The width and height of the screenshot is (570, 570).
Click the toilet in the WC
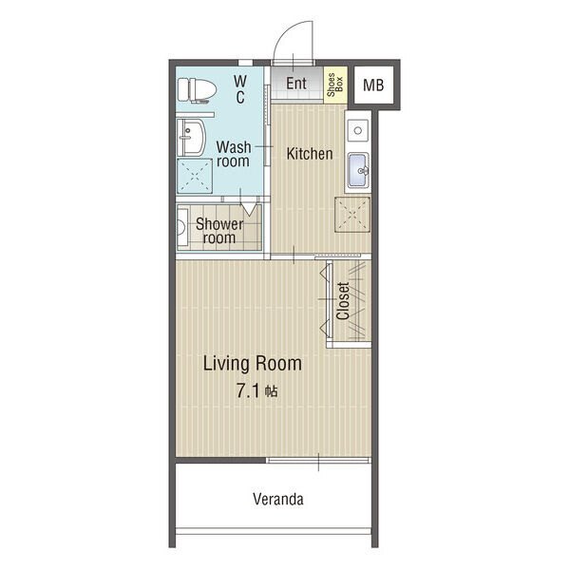(x=197, y=90)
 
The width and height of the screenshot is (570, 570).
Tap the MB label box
(x=373, y=85)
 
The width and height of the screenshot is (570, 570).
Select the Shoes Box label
(x=335, y=85)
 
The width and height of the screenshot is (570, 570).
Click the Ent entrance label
(x=296, y=84)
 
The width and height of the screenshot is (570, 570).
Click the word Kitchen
(x=310, y=154)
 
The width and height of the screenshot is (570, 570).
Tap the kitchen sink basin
(x=358, y=170)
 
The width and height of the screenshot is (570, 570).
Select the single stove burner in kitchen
(x=358, y=130)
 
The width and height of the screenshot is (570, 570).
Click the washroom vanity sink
(x=191, y=138)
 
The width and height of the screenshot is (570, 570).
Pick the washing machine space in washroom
(x=195, y=176)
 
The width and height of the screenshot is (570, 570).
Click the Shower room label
(x=219, y=231)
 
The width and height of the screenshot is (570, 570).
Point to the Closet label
(x=343, y=301)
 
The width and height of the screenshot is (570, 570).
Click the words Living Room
(x=253, y=363)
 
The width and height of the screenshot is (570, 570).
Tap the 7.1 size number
(x=248, y=391)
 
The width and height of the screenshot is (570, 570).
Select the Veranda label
(x=278, y=499)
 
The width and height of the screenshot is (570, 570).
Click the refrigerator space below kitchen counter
(x=352, y=214)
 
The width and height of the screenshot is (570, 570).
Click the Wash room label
(x=234, y=154)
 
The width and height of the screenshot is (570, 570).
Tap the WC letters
(x=240, y=89)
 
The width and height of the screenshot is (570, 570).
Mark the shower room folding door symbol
(x=249, y=209)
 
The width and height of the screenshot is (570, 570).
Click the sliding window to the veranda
(x=319, y=460)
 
